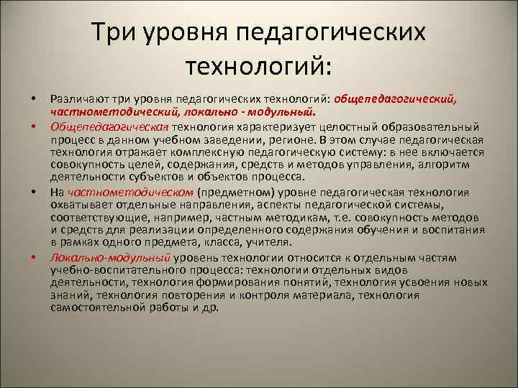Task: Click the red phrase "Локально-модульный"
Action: click(x=110, y=258)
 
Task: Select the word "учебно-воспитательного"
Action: click(x=107, y=270)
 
